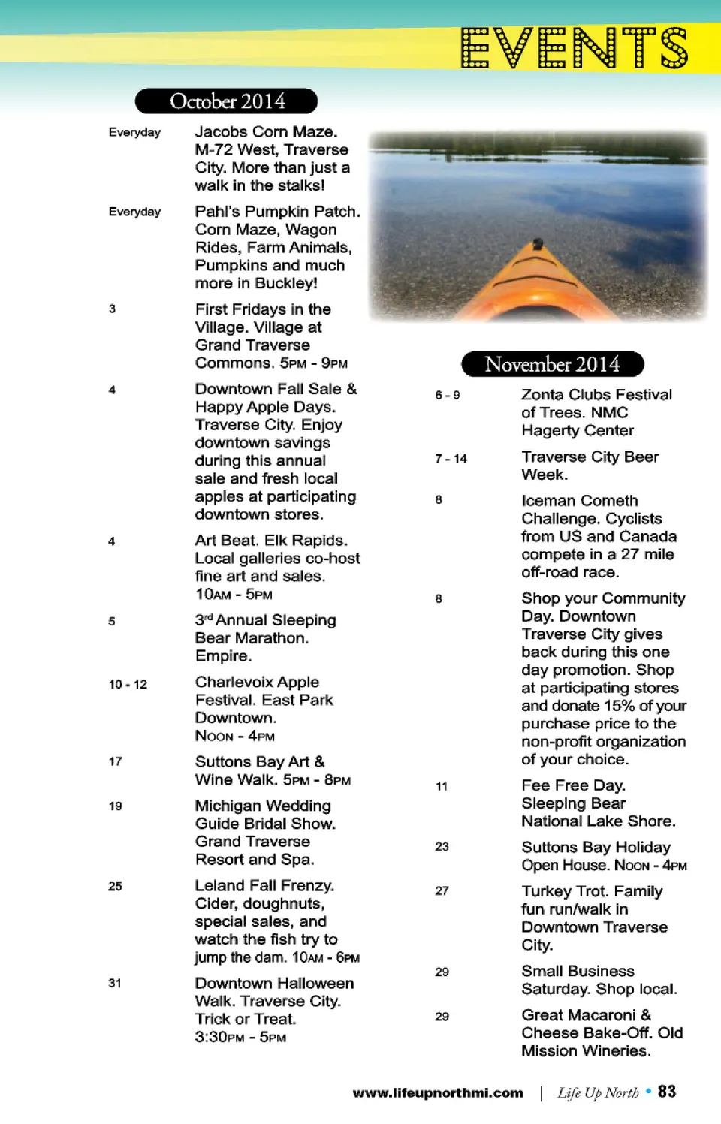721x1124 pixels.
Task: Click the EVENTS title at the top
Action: [x=574, y=48]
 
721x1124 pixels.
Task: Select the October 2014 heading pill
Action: [x=227, y=101]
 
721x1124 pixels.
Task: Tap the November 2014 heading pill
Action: [x=552, y=364]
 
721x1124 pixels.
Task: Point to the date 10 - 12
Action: [x=128, y=684]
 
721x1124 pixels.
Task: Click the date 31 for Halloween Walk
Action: [x=115, y=983]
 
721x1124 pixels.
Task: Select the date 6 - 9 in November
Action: [x=448, y=395]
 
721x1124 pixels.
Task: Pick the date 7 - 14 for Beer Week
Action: [x=451, y=458]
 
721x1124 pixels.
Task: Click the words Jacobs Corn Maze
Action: [x=266, y=132]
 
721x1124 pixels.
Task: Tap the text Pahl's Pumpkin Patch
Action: [x=277, y=212]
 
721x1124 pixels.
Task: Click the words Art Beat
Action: [x=226, y=541]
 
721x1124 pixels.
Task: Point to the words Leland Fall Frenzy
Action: [x=264, y=886]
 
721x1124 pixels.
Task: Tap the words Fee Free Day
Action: [x=573, y=785]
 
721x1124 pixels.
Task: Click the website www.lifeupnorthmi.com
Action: [x=438, y=1093]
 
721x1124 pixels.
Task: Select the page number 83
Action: [x=667, y=1092]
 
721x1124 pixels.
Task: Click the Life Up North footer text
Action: [x=598, y=1093]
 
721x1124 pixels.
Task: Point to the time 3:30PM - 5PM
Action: [x=240, y=1037]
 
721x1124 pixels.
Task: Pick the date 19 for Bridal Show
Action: [x=115, y=806]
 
